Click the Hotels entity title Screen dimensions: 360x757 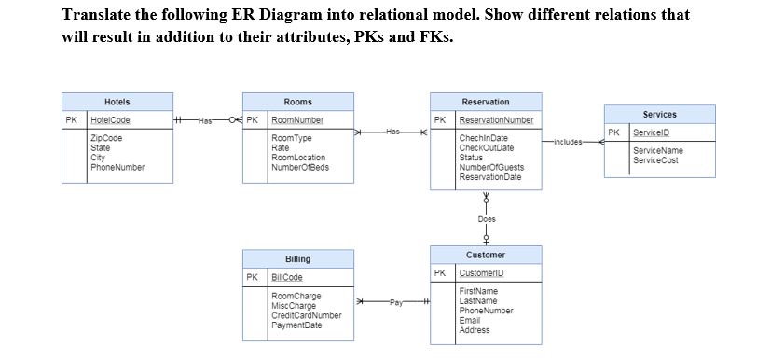pos(117,102)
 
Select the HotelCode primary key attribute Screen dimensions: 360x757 pos(110,120)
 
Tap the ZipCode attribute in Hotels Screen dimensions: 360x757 pos(105,138)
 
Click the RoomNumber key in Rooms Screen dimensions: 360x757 pos(296,120)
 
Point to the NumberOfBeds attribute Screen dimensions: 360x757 pos(299,167)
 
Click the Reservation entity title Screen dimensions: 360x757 pos(485,102)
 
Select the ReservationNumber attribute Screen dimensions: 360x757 pos(496,120)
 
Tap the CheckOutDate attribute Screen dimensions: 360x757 pos(486,147)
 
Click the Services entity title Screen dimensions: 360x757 pos(659,114)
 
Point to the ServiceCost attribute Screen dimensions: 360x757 pos(655,159)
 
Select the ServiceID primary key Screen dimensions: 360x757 pos(653,132)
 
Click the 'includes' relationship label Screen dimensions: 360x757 pos(568,142)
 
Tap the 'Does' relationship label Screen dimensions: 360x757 pos(486,219)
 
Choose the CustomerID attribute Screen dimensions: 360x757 pos(481,273)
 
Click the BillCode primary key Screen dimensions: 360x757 pos(286,278)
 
